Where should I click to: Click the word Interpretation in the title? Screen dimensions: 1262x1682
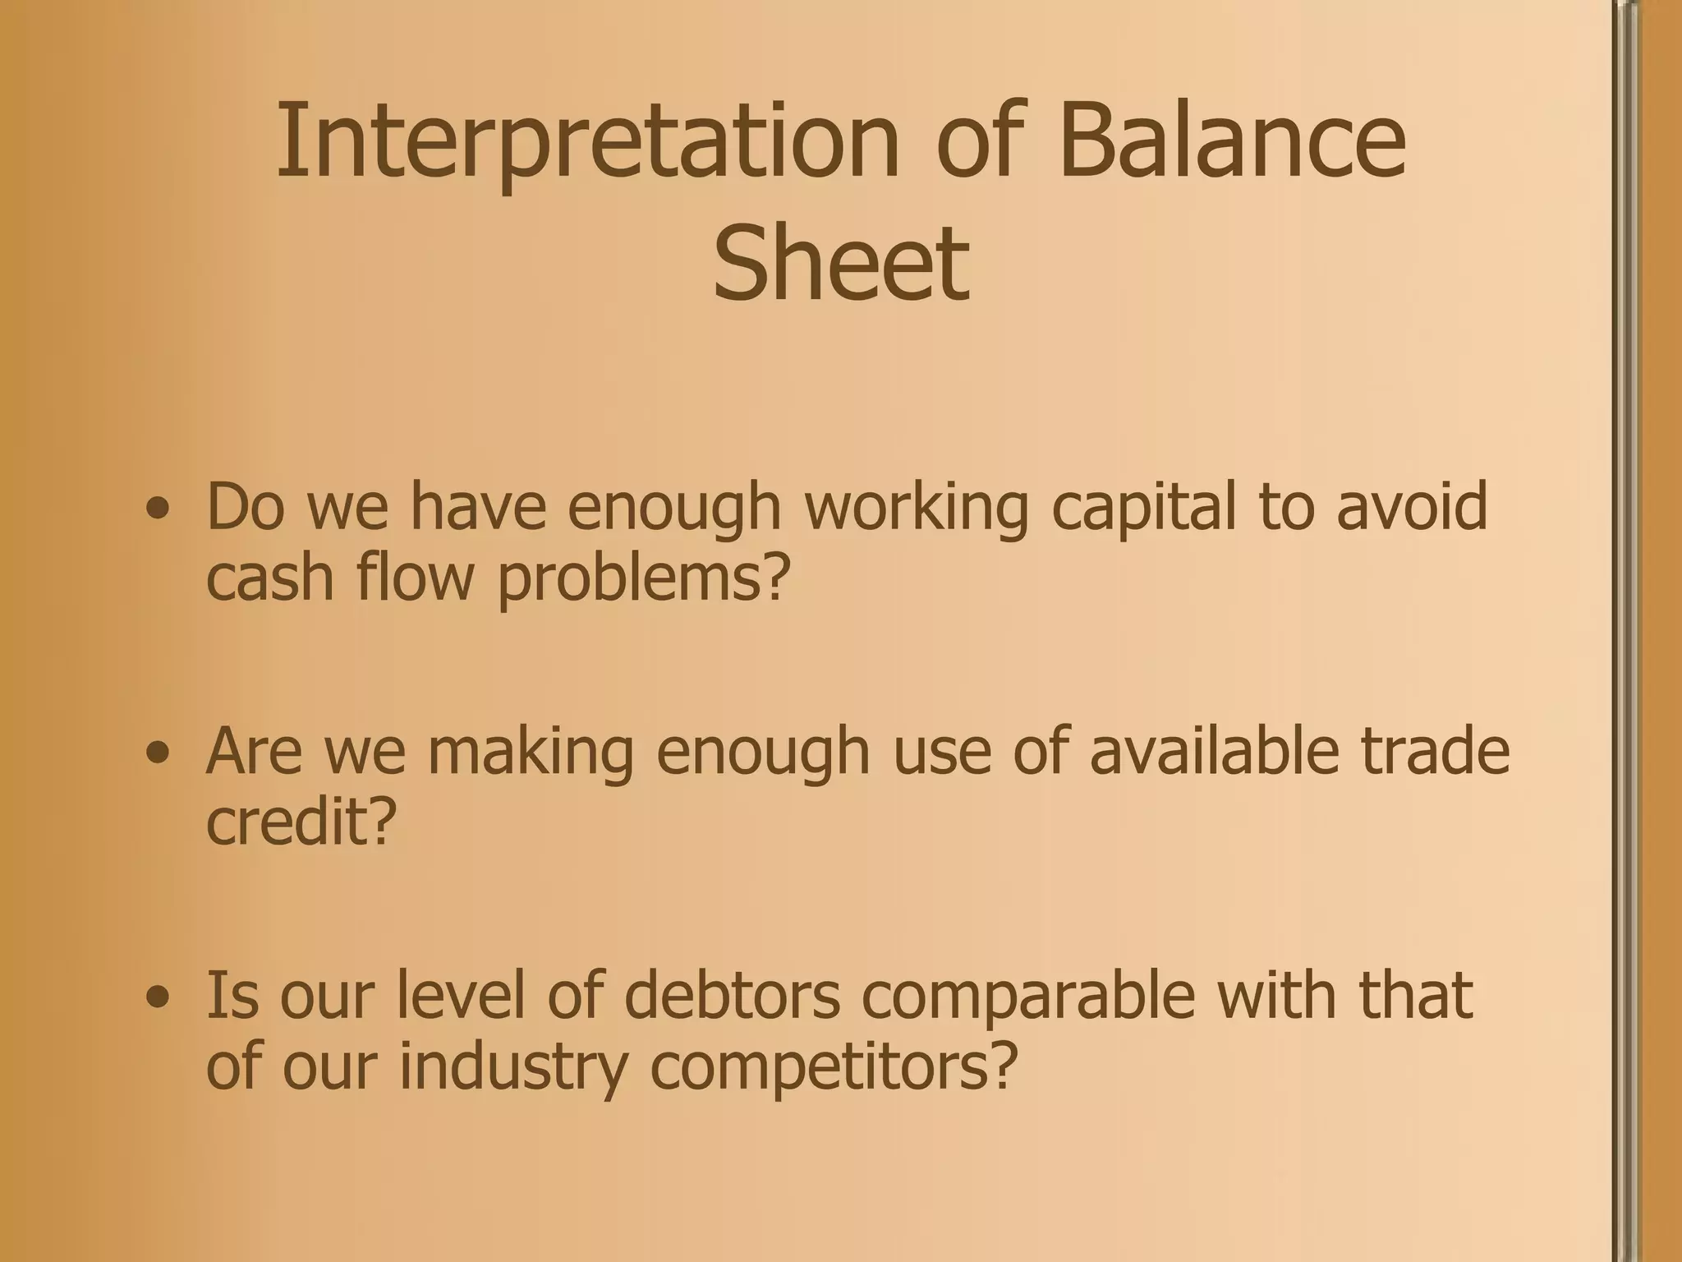[587, 141]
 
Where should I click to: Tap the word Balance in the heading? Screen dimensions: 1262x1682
[1232, 141]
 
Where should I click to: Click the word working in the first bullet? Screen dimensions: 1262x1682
[915, 508]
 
